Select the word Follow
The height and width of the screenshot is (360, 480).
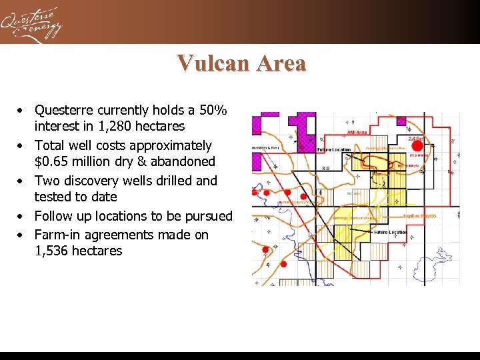(x=53, y=216)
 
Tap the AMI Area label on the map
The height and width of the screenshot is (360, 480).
(x=357, y=132)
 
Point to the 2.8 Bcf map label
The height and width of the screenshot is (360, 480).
(x=416, y=138)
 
